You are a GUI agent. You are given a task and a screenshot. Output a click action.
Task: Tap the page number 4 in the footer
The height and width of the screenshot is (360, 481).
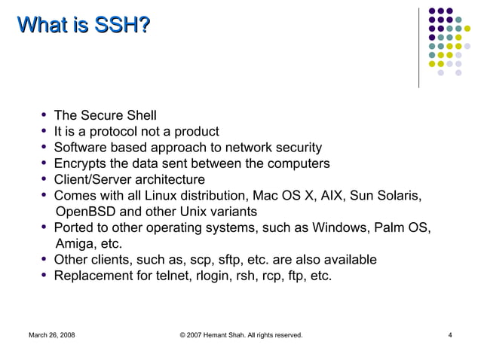pos(449,334)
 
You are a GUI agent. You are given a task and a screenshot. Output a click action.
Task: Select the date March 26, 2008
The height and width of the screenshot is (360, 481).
pos(51,334)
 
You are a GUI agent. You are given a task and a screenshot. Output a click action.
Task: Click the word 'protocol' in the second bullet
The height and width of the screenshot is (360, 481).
pos(114,132)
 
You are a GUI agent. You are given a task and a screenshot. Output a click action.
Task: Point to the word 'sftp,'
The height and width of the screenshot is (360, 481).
pos(219,260)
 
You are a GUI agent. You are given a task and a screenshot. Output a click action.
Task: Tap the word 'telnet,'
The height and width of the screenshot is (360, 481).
pos(172,276)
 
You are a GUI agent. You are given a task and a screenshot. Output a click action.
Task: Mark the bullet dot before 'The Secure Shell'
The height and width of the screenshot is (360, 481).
pos(46,116)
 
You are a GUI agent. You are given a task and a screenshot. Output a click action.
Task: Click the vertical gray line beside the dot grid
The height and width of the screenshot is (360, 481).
pos(419,45)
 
